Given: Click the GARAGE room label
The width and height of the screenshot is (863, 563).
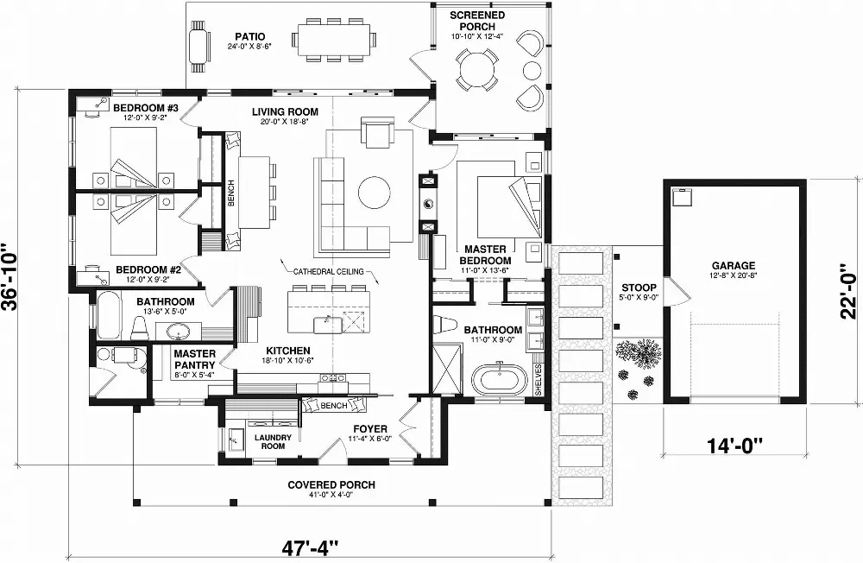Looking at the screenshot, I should click(x=733, y=266).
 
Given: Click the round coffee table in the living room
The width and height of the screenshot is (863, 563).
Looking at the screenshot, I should click(x=375, y=192).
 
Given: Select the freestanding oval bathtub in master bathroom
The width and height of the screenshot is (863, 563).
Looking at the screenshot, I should click(x=499, y=379).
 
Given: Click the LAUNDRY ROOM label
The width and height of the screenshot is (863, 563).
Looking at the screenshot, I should click(x=274, y=442).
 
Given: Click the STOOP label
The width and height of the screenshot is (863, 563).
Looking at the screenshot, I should click(x=639, y=288).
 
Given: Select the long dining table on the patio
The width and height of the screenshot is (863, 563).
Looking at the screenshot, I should click(x=333, y=39).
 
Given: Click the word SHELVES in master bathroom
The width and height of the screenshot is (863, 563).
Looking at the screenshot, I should click(x=538, y=379).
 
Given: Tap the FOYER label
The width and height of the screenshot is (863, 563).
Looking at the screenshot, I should click(x=370, y=428).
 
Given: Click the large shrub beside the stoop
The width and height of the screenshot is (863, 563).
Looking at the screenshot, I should click(x=639, y=352).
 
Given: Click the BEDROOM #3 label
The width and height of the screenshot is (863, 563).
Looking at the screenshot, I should click(x=145, y=108).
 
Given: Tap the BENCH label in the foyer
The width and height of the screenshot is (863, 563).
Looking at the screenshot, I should click(x=332, y=405).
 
